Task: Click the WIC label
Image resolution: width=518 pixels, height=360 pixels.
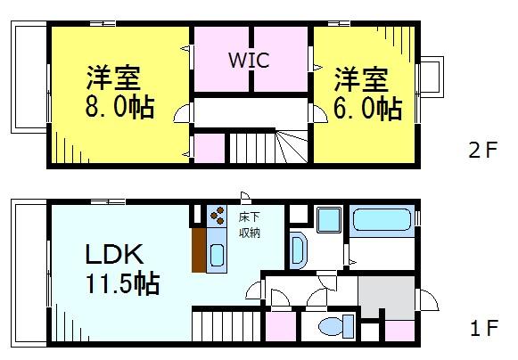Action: tap(249, 60)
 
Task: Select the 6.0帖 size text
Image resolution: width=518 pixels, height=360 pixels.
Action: tap(368, 108)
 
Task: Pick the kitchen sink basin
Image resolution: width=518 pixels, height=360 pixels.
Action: tap(218, 258)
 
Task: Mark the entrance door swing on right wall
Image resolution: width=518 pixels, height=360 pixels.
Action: tap(426, 302)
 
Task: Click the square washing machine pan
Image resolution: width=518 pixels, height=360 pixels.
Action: tap(327, 219)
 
